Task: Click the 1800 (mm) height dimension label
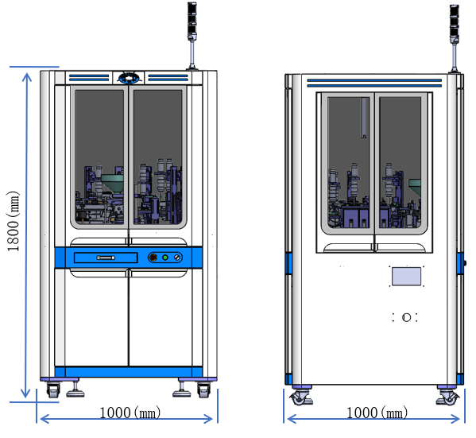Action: click(13, 221)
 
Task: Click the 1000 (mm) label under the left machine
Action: click(130, 413)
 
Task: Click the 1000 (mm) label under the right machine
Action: click(377, 413)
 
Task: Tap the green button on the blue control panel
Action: click(165, 258)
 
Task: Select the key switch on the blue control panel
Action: click(177, 258)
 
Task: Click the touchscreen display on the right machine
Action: click(406, 277)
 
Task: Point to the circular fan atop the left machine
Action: click(130, 78)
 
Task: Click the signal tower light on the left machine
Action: click(192, 21)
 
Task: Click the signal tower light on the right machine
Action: click(454, 25)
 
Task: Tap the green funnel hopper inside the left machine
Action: click(113, 183)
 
